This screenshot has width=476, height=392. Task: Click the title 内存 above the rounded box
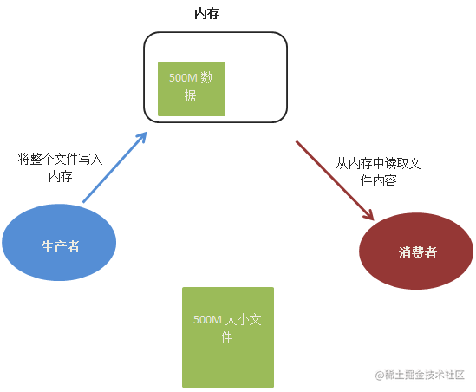point(206,14)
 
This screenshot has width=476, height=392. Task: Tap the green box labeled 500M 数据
point(192,88)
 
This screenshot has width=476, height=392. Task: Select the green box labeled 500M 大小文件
point(228,337)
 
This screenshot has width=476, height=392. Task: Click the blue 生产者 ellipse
point(59,242)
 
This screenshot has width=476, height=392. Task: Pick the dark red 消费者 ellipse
point(416,251)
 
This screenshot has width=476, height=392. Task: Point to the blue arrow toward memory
point(114,167)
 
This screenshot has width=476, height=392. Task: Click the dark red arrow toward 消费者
point(335,180)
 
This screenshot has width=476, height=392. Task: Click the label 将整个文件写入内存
point(60,167)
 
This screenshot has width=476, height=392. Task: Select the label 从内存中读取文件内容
point(378,172)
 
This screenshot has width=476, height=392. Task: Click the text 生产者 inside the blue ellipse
point(61,246)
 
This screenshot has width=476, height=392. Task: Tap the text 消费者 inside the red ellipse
point(418,252)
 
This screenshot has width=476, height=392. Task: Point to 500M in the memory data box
point(183,78)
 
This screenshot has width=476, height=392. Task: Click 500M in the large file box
point(207,319)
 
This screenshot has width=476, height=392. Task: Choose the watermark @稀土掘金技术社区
point(420,375)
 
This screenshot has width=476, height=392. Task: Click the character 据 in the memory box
point(191,95)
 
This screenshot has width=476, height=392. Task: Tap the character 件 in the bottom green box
point(227,337)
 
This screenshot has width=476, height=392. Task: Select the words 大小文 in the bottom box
point(244,319)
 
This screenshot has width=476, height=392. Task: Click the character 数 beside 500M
point(206,78)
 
